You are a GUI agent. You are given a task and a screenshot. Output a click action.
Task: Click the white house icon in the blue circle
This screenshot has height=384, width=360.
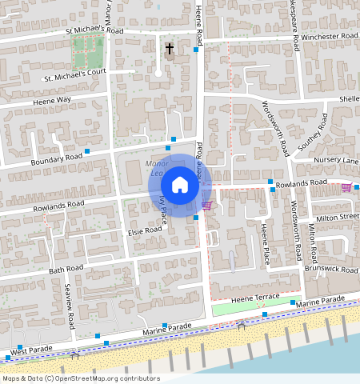[180, 185]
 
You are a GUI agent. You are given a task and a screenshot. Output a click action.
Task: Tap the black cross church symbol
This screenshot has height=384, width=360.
[169, 50]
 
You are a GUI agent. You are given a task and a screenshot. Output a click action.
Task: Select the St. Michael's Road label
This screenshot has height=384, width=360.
[95, 30]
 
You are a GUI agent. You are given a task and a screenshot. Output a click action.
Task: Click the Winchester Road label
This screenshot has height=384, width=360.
[329, 36]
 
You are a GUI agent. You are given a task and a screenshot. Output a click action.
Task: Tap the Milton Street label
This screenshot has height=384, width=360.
[337, 217]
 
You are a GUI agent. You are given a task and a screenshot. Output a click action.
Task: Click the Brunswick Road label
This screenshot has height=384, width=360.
[332, 270]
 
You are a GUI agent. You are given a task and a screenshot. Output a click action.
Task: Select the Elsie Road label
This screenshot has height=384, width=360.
[145, 230]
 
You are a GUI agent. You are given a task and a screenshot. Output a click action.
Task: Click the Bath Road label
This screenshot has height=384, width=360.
[65, 269]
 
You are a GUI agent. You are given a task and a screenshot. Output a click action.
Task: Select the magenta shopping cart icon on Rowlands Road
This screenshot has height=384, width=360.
[346, 187]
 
